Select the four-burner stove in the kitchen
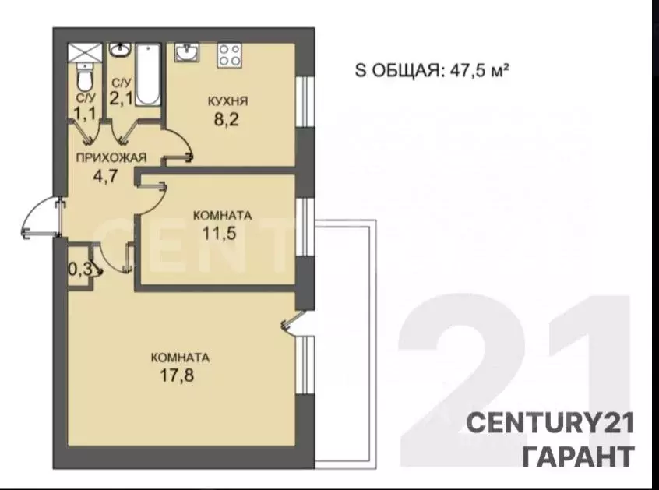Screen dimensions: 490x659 pyautogui.click(x=229, y=55)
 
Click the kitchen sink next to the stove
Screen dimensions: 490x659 pyautogui.click(x=188, y=54)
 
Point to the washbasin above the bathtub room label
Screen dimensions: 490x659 pyautogui.click(x=119, y=51)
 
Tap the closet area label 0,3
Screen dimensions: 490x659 pyautogui.click(x=79, y=270)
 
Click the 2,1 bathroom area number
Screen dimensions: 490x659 pyautogui.click(x=121, y=98)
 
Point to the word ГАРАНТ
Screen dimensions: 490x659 pyautogui.click(x=577, y=455)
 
